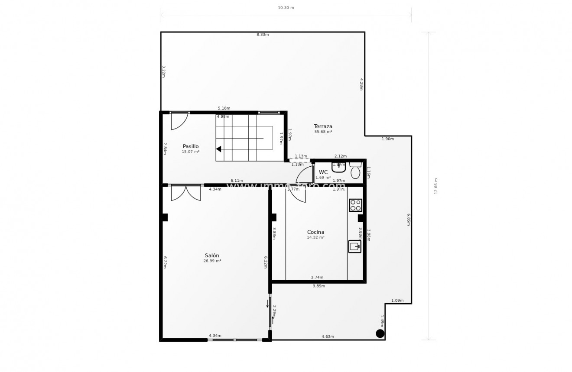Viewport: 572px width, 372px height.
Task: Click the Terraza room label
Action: click(x=323, y=126)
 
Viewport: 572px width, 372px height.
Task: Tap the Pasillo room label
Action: click(x=190, y=146)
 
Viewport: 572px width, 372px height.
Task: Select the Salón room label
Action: click(x=212, y=256)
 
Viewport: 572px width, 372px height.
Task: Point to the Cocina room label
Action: click(x=315, y=232)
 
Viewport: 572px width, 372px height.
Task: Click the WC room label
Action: click(x=323, y=172)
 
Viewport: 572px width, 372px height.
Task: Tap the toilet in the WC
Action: click(x=355, y=171)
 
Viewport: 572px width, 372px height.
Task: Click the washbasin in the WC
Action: click(x=338, y=167)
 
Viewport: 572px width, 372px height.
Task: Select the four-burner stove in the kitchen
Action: click(x=355, y=205)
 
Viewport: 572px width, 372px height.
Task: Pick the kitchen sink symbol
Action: click(x=354, y=246)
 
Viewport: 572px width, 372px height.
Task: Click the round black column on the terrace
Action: click(x=380, y=333)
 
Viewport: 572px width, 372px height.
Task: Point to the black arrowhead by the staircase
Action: click(x=219, y=149)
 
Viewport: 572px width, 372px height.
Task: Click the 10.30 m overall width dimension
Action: click(x=286, y=8)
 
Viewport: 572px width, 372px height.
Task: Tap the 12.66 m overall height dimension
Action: click(x=436, y=186)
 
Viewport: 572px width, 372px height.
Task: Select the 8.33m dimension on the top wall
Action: click(x=263, y=35)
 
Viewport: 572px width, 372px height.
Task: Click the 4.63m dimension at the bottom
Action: click(x=328, y=336)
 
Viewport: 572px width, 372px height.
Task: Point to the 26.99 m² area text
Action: click(x=212, y=261)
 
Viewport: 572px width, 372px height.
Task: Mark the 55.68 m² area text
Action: click(x=323, y=132)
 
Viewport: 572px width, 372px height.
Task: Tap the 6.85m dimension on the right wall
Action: click(x=408, y=220)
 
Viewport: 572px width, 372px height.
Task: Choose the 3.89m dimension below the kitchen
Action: click(x=318, y=286)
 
